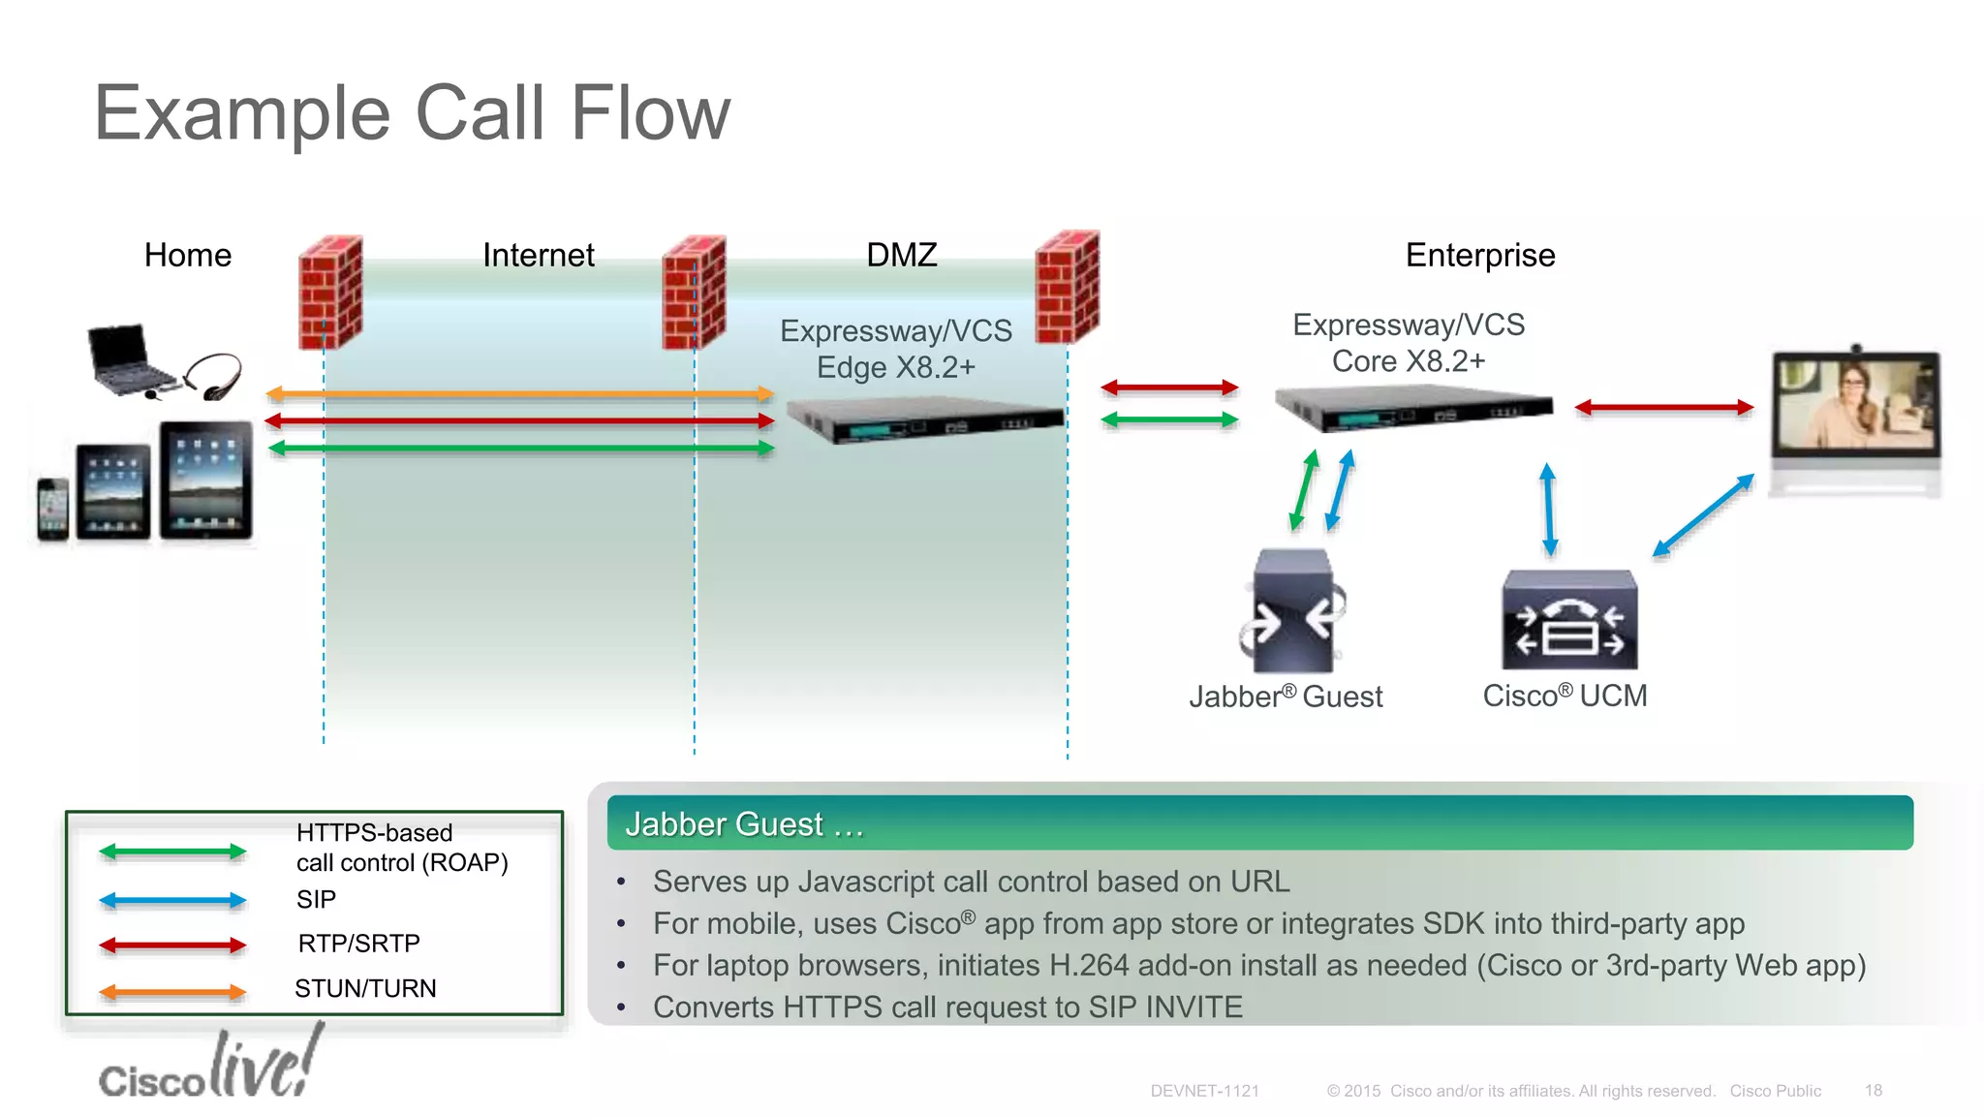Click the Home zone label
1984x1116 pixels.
pos(188,255)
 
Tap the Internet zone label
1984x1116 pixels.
pos(539,255)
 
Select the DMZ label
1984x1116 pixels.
pos(901,255)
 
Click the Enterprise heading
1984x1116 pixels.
pos(1479,255)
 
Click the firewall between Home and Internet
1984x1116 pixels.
pos(330,291)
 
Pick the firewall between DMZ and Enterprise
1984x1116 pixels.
pos(1067,287)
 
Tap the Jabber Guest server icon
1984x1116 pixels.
pos(1291,611)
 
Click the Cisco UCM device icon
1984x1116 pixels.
pos(1569,620)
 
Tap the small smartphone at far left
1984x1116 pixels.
pos(52,509)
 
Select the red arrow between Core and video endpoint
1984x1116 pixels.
pos(1663,408)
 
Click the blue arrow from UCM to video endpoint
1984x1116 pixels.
pos(1703,514)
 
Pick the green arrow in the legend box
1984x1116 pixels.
pos(172,852)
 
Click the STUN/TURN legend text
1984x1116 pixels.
pos(365,988)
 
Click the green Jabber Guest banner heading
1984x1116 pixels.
pos(1259,823)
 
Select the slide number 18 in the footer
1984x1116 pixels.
pos(1873,1091)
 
